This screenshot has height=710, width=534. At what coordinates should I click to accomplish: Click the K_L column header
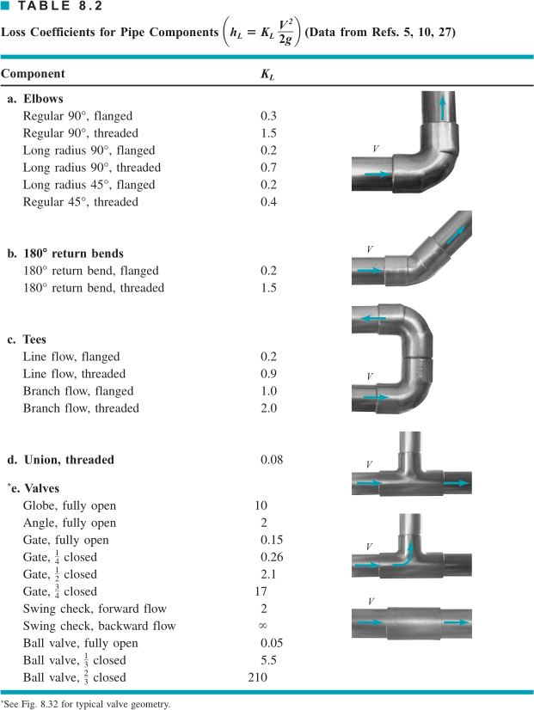pyautogui.click(x=267, y=74)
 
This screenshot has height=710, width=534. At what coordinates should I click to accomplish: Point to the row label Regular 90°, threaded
pyautogui.click(x=81, y=133)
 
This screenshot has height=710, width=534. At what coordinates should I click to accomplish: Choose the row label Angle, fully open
pyautogui.click(x=70, y=523)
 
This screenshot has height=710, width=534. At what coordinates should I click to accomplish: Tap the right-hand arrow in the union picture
pyautogui.click(x=458, y=621)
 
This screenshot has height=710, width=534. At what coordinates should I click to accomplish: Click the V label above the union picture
pyautogui.click(x=369, y=601)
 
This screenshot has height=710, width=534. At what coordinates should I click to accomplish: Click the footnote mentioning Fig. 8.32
pyautogui.click(x=86, y=704)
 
